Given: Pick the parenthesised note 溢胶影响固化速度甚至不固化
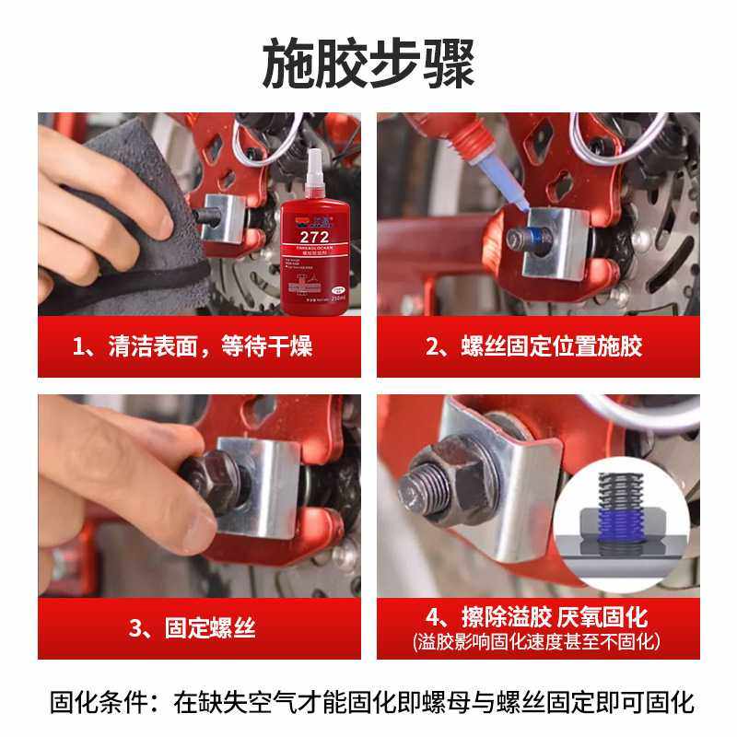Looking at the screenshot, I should coord(537,641).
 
